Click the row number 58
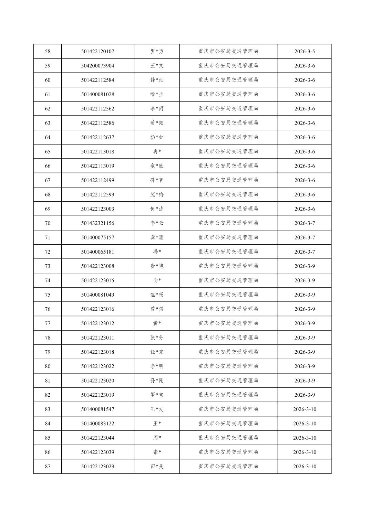coord(48,52)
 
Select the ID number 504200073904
coord(97,66)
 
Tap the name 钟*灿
coord(157,80)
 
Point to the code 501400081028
coord(97,94)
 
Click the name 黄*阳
coord(157,123)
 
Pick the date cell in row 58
coord(304,52)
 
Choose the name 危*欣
coord(157,166)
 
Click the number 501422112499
coord(97,180)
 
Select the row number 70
coord(48,223)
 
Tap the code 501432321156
coord(97,223)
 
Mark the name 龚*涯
coord(157,237)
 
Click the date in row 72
coord(304,252)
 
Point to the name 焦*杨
coord(157,295)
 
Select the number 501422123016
coord(97,309)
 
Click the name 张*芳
coord(157,338)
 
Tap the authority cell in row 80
coord(228,366)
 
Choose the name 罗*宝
coord(157,395)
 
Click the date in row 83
coord(304,409)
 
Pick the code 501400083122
coord(97,424)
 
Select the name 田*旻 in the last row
coord(157,466)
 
